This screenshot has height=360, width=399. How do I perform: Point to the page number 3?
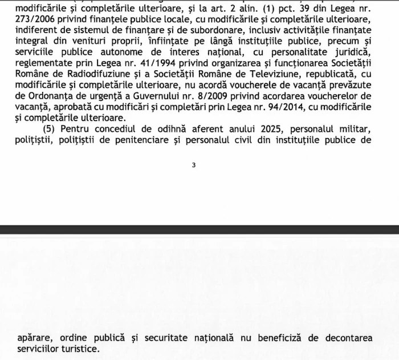tap(194, 165)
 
